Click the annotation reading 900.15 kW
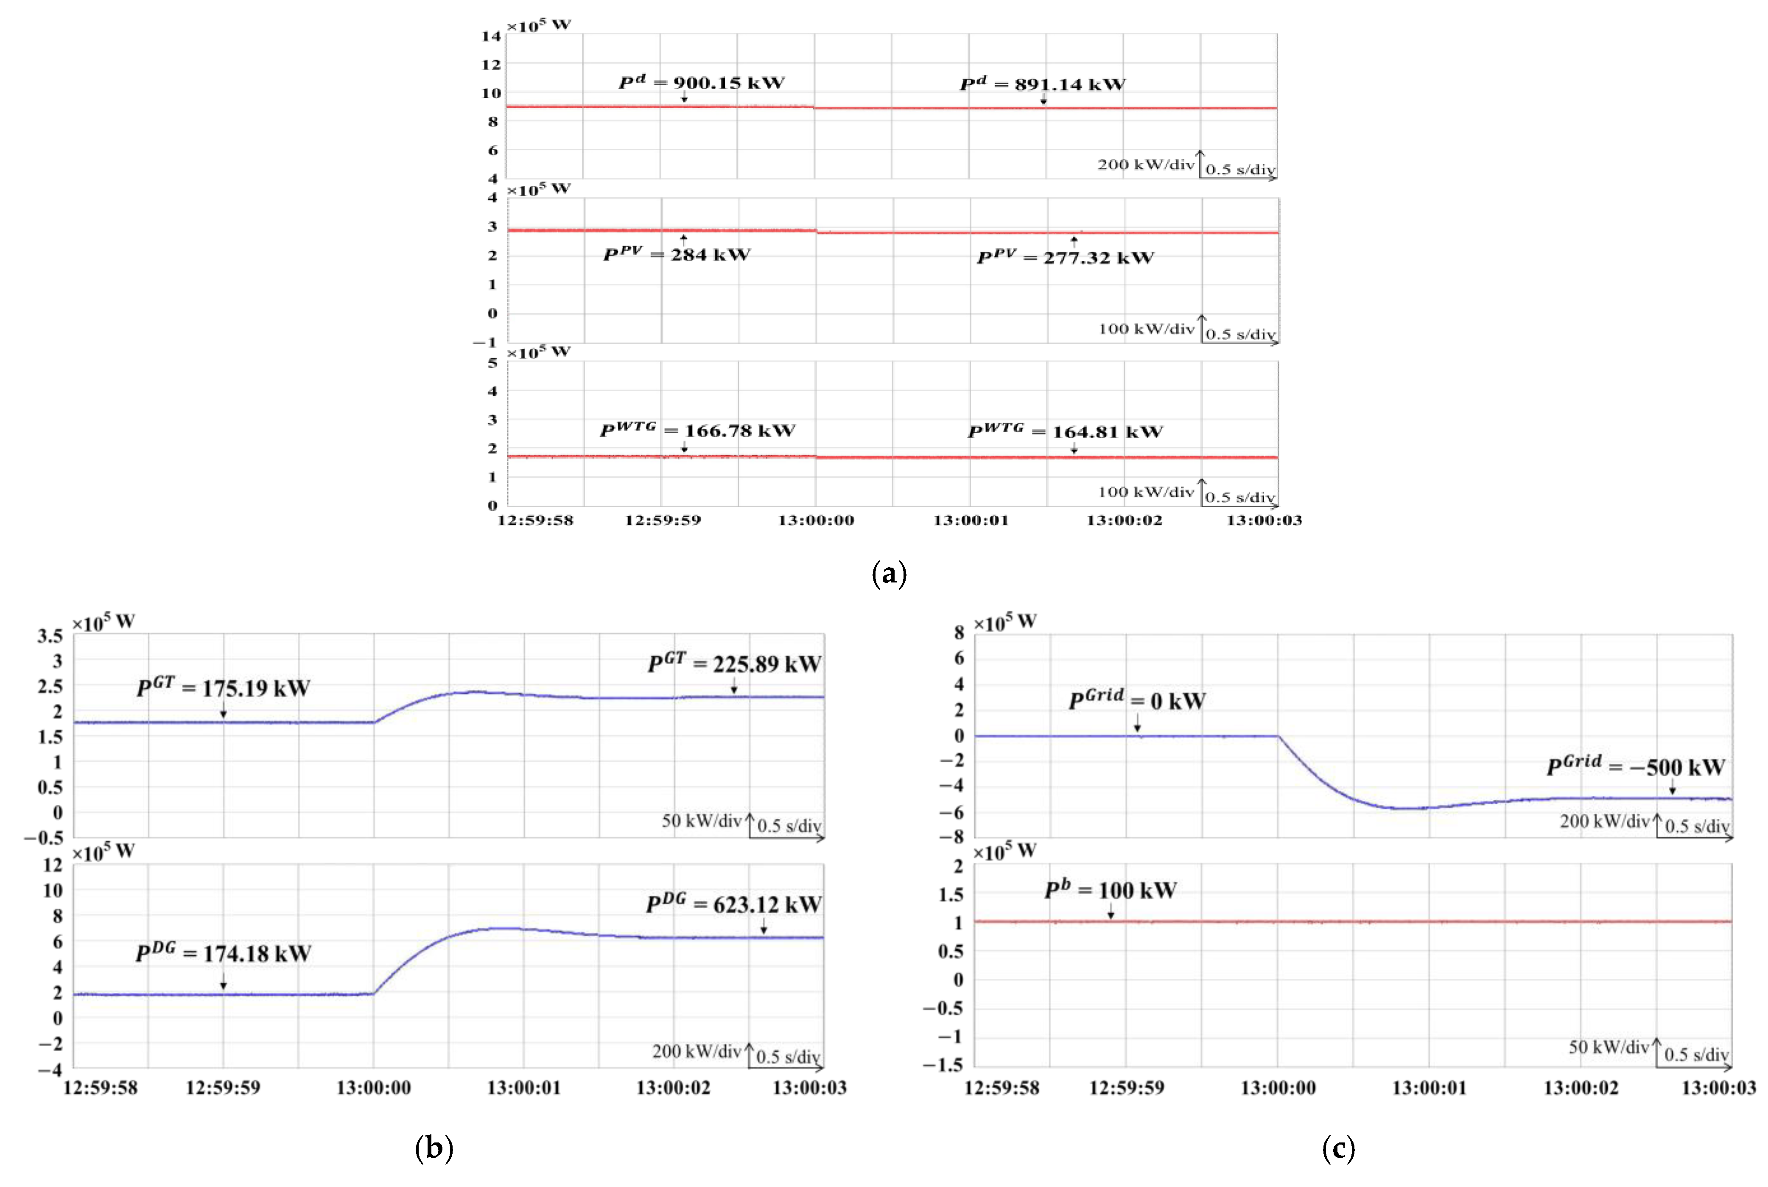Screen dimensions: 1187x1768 [x=702, y=83]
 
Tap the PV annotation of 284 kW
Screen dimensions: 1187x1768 [x=677, y=255]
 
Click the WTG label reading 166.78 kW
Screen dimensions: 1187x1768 [x=697, y=430]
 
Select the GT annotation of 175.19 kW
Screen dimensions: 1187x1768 [x=223, y=688]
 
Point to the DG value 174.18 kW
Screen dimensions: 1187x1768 [x=223, y=953]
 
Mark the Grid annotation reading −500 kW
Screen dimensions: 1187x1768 [x=1636, y=767]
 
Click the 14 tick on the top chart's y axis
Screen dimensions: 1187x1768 [x=491, y=36]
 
